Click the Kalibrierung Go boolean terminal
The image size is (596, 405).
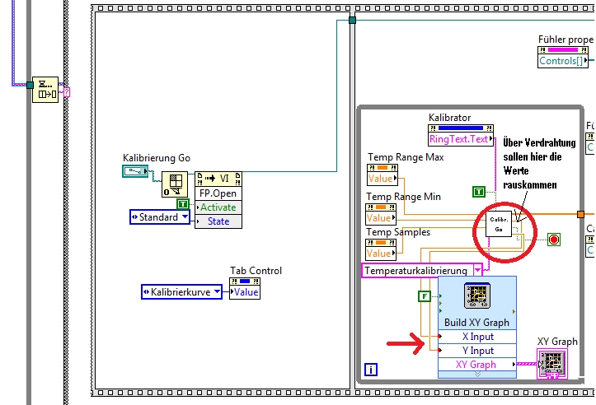tap(134, 171)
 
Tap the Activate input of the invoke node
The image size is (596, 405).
tap(218, 207)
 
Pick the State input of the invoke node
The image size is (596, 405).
tap(218, 221)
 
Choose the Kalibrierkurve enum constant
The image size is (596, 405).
tap(181, 291)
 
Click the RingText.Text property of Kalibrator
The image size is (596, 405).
tap(459, 139)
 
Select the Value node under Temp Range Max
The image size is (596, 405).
tap(382, 178)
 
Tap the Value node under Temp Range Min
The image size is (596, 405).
tap(382, 217)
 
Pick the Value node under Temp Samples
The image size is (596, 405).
tap(382, 254)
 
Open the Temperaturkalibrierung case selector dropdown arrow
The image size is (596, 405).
tap(477, 270)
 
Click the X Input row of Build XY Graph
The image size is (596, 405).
tap(477, 337)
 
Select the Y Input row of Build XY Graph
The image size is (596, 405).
tap(477, 351)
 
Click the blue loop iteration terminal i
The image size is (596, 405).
tap(371, 370)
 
